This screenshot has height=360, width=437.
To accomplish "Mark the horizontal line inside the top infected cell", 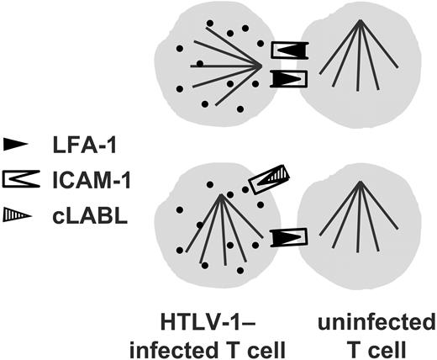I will pos(227,65).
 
